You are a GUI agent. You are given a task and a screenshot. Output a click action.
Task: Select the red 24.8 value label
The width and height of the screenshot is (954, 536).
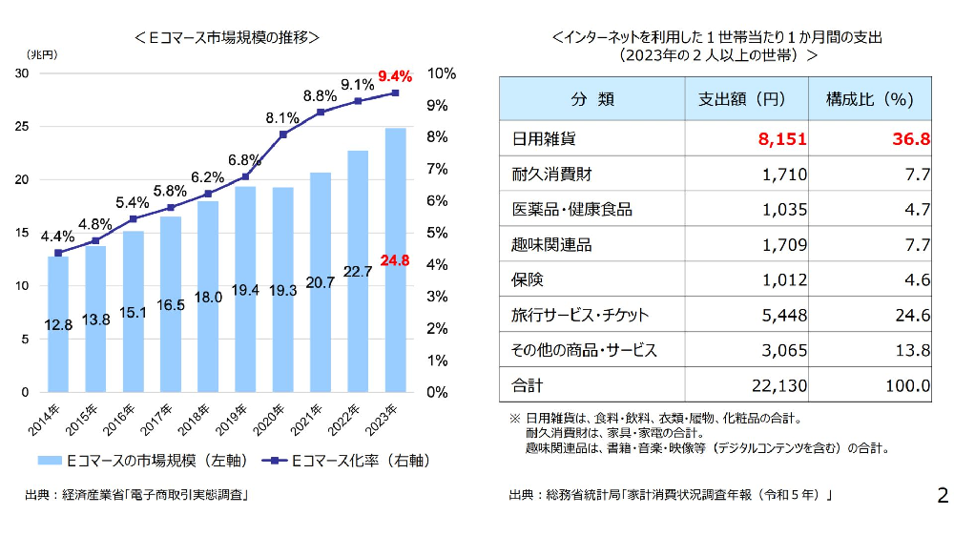point(395,259)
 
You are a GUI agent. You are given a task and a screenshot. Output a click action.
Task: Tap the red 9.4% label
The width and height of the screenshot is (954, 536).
point(394,75)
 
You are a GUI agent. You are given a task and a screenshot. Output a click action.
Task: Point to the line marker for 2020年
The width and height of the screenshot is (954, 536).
point(282,134)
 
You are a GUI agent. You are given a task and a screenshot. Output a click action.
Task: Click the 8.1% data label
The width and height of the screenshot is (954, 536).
point(282,117)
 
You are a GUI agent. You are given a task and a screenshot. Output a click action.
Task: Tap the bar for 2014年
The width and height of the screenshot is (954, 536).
point(58,324)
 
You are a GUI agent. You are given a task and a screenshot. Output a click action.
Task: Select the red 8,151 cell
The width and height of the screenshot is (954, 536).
point(782,139)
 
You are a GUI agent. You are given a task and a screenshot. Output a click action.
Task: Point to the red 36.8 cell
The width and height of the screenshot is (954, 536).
point(911,139)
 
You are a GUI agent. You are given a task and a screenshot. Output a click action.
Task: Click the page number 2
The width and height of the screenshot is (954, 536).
point(942,496)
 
